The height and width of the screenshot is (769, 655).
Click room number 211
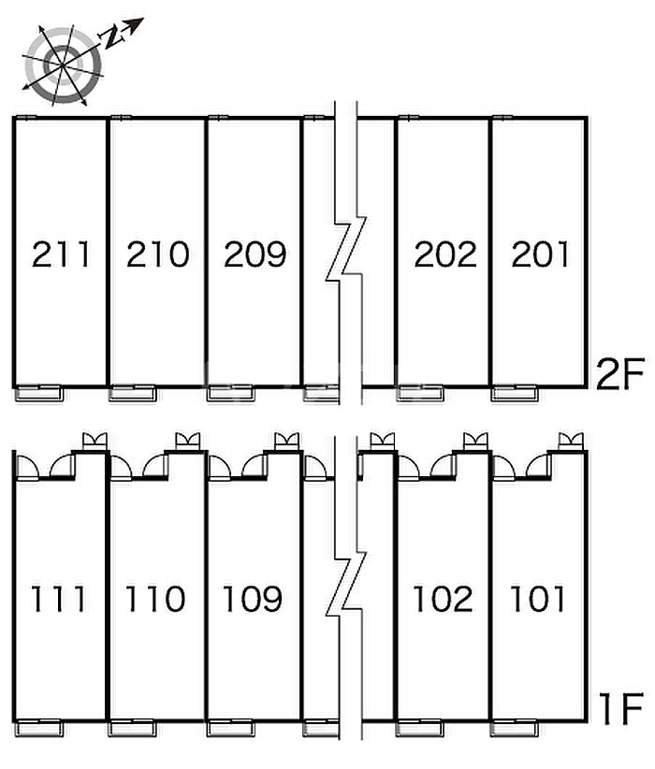click(62, 254)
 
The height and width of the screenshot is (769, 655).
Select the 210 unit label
click(158, 254)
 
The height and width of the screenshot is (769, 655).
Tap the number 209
click(255, 254)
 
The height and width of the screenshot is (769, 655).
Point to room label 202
click(445, 254)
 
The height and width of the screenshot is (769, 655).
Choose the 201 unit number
click(540, 254)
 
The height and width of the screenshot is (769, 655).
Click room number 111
click(59, 599)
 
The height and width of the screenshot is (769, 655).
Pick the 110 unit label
click(155, 599)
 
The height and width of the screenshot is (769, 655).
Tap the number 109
click(253, 599)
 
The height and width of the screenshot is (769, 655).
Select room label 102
click(443, 599)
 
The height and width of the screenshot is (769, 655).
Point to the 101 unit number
click(538, 599)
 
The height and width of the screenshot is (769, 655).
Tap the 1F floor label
click(621, 709)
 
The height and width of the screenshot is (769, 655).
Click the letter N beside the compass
click(112, 36)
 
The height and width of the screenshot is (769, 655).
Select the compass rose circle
click(63, 65)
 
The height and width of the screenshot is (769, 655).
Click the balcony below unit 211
click(38, 394)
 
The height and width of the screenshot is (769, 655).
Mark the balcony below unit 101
click(515, 728)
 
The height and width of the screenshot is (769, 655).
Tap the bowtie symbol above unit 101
click(571, 441)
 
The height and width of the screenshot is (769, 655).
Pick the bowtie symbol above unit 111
click(95, 441)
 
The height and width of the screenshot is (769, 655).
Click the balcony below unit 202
click(419, 394)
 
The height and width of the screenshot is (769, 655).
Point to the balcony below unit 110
click(133, 728)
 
